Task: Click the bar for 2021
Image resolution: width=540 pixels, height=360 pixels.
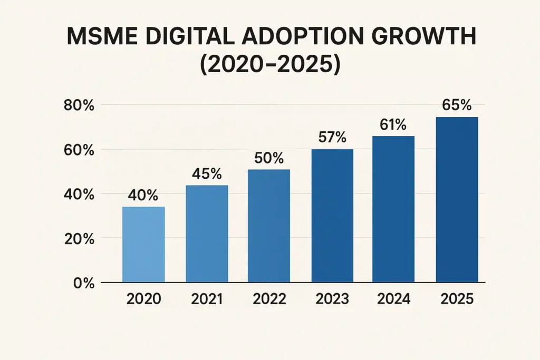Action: [207, 233]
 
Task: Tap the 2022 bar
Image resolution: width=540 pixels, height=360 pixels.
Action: [268, 226]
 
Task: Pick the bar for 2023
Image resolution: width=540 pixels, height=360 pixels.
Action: [332, 216]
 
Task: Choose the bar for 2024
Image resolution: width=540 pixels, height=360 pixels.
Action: [393, 209]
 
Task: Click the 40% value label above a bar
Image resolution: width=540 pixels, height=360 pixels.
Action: [143, 195]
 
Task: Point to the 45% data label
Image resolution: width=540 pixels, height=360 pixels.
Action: [207, 173]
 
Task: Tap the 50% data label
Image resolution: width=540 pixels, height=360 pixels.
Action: [269, 158]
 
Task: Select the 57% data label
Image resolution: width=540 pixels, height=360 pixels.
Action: [332, 138]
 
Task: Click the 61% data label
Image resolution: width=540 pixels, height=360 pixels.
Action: [393, 125]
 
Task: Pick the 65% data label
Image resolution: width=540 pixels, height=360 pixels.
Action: [457, 105]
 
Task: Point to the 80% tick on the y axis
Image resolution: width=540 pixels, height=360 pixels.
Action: [79, 105]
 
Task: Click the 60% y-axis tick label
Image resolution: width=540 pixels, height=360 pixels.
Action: [79, 150]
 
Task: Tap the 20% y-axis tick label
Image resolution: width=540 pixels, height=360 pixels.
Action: [79, 239]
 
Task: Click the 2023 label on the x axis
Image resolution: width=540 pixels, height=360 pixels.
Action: [332, 299]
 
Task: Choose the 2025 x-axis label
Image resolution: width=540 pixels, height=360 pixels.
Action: [457, 299]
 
